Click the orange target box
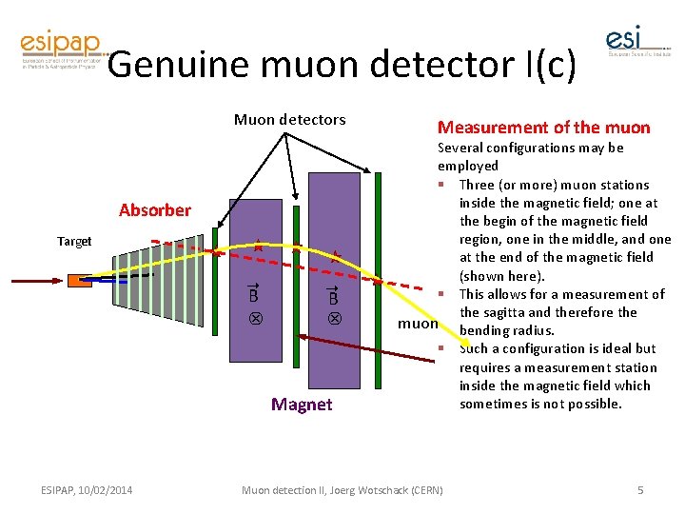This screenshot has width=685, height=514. [79, 281]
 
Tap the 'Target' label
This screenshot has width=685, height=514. [74, 242]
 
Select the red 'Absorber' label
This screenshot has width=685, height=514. [155, 210]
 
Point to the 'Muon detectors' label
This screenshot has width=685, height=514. [290, 120]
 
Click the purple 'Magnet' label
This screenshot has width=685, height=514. [302, 405]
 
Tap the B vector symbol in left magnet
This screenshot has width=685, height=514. [254, 294]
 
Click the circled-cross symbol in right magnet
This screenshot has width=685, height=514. [335, 321]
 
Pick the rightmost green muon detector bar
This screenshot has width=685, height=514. [381, 305]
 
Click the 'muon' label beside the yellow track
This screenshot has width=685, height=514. [418, 325]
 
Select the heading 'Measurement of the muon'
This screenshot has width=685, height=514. [543, 128]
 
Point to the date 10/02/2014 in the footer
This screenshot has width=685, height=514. [104, 490]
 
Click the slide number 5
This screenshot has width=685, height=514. [640, 490]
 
